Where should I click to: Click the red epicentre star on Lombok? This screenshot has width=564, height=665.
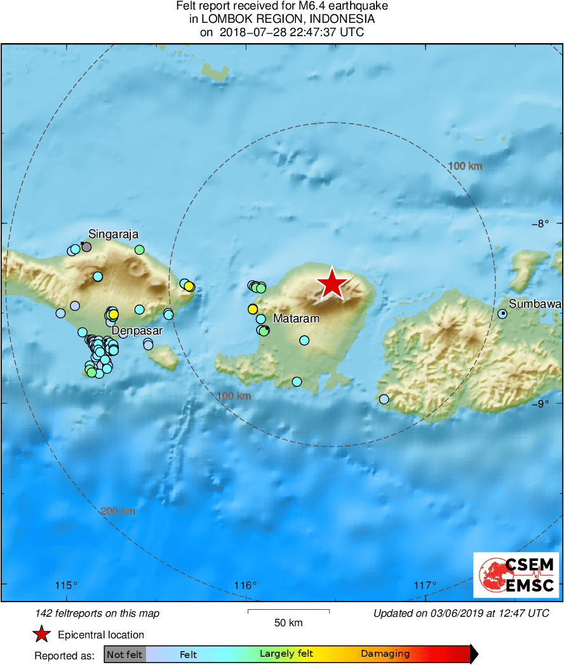click(332, 284)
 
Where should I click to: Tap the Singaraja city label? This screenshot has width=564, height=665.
click(114, 234)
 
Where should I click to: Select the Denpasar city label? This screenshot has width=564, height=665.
click(138, 331)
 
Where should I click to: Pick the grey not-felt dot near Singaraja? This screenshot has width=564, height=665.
click(86, 247)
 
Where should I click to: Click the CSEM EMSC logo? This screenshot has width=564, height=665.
click(516, 575)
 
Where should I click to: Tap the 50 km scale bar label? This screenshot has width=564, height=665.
click(288, 623)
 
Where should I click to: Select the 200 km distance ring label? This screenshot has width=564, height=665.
click(118, 511)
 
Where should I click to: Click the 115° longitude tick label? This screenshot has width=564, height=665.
click(67, 585)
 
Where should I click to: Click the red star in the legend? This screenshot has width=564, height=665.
click(42, 634)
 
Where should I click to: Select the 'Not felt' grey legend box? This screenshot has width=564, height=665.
click(124, 654)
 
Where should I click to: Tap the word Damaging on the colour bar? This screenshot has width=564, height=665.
click(385, 654)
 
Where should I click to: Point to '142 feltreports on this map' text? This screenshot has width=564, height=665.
click(98, 613)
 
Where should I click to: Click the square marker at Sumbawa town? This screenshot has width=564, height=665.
click(502, 313)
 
